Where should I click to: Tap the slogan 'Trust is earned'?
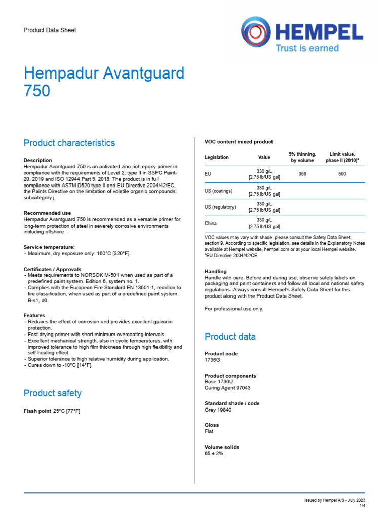(x=306, y=48)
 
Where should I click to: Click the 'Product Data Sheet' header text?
(x=50, y=30)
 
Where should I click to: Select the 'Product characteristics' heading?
(x=69, y=143)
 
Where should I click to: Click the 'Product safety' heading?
(x=53, y=393)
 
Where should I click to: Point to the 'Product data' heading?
(x=230, y=337)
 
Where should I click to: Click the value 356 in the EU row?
(x=302, y=174)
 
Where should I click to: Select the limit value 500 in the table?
(x=342, y=174)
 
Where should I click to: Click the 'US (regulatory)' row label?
(x=220, y=207)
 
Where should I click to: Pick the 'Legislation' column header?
(x=217, y=157)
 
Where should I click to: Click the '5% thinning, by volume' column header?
(x=302, y=157)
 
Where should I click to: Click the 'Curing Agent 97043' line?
(x=227, y=388)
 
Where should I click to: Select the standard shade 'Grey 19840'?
(x=218, y=410)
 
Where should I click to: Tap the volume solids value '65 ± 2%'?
(x=214, y=454)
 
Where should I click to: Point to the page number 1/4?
(x=362, y=506)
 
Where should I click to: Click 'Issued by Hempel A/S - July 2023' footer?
(x=334, y=500)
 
